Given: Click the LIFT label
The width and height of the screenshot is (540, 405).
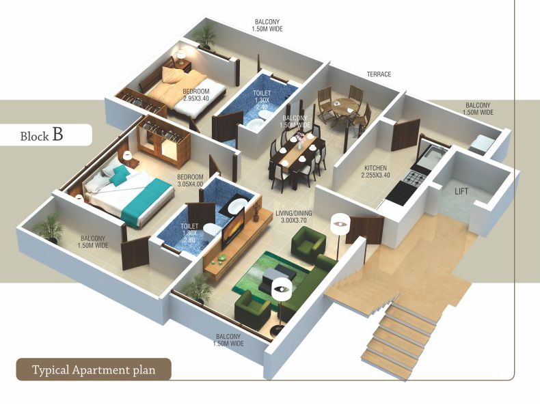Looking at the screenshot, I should coord(461,191).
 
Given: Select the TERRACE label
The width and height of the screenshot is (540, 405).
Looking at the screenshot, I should coord(378,74).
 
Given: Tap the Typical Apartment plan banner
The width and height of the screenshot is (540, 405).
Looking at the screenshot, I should coord(94,370).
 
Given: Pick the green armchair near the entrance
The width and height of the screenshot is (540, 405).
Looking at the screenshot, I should coord(307,241).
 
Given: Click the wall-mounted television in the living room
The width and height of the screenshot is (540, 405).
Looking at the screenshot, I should coord(235,227).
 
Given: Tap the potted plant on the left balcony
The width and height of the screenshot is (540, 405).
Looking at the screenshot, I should coord(49,227).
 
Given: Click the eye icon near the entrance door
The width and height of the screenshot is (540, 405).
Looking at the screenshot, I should coord(340,223).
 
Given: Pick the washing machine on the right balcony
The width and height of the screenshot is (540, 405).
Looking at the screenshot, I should coord(483,143).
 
